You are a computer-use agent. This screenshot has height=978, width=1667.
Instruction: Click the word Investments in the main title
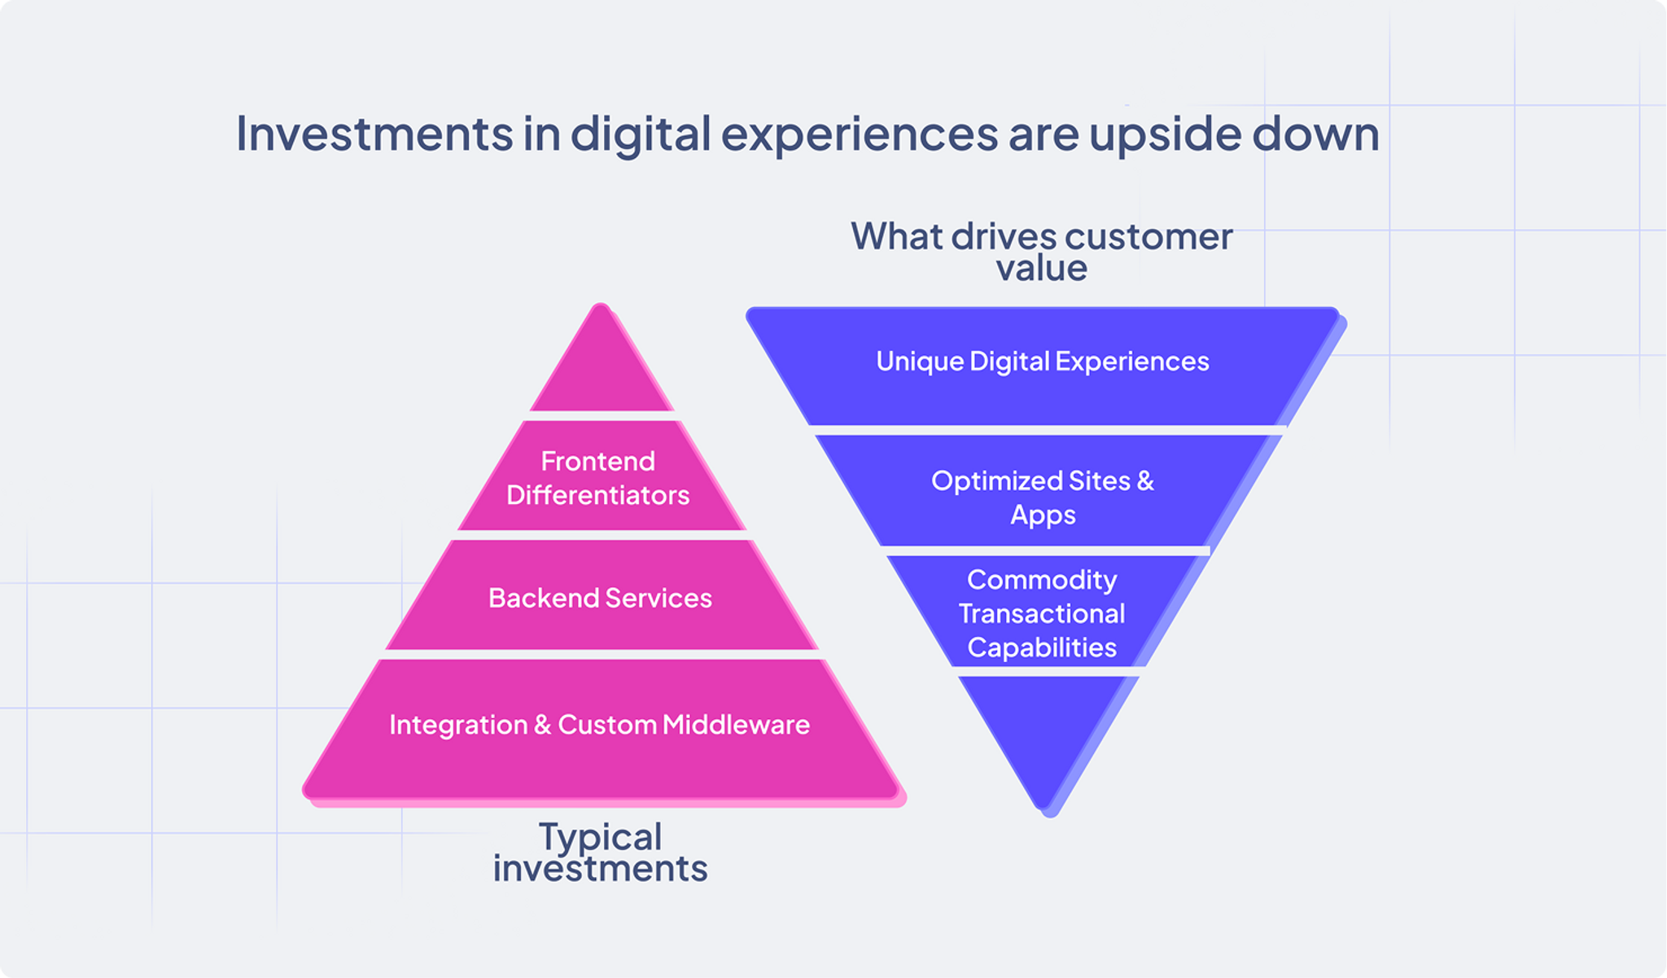[x=374, y=134]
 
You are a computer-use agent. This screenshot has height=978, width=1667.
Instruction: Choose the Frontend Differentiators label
[x=598, y=478]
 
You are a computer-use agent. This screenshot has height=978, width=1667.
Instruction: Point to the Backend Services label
[x=600, y=599]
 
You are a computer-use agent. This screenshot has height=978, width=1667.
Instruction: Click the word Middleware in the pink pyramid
[x=736, y=725]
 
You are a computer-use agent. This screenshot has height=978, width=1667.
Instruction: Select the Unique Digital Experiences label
[x=1042, y=362]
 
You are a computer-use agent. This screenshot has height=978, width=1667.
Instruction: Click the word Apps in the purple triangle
[x=1043, y=515]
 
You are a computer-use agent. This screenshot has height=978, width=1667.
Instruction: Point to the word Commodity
[x=1042, y=580]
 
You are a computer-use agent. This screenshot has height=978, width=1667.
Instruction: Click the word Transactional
[x=1042, y=614]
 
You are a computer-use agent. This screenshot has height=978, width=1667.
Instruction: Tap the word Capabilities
[x=1042, y=648]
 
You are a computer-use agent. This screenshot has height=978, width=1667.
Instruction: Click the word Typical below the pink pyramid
[x=601, y=836]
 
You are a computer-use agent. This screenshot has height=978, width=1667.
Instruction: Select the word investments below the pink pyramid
[x=601, y=869]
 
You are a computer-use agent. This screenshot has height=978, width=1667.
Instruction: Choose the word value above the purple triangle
[x=1042, y=269]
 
